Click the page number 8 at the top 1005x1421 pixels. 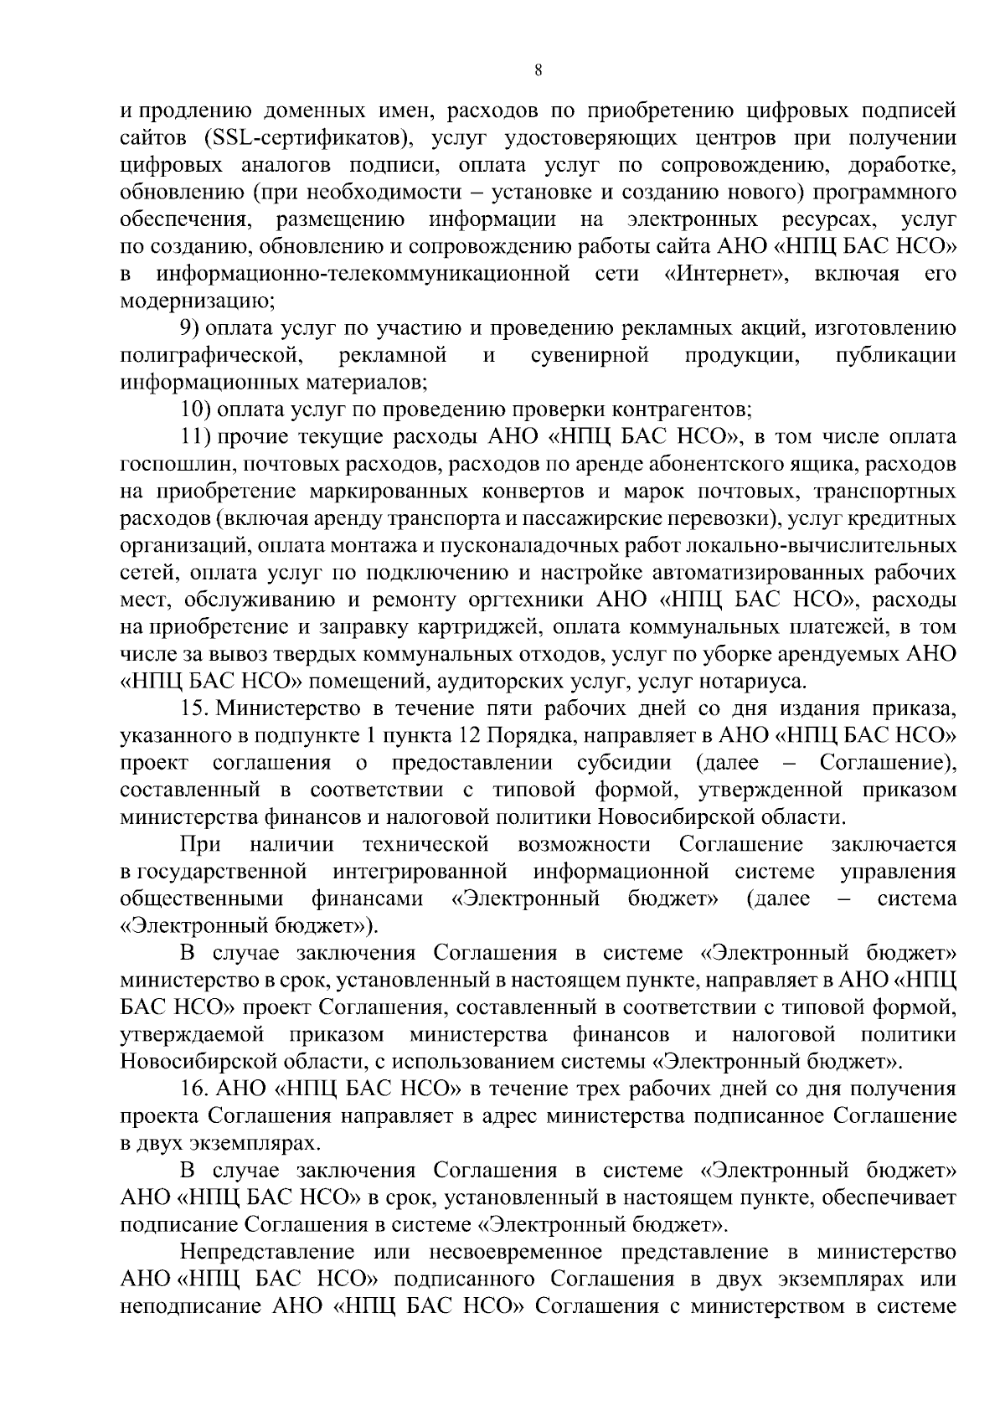(539, 71)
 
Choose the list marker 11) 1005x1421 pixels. (195, 437)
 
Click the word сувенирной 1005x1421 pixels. (590, 356)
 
